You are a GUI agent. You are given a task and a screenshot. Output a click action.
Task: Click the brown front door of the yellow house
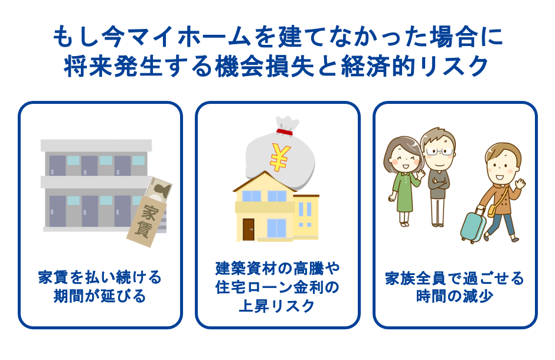coord(249,229)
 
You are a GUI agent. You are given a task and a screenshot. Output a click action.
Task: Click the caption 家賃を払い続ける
coord(100,277)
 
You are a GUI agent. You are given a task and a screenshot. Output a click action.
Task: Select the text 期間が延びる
coord(100,296)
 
